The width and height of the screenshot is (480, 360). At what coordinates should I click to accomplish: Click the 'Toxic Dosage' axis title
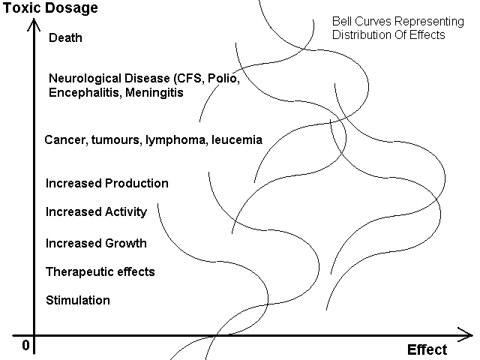point(50,8)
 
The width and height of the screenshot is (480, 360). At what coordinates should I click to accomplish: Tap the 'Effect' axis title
point(427,349)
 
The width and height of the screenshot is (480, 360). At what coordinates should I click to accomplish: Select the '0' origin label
point(26,345)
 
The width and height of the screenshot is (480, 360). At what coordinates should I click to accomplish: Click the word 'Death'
point(65,37)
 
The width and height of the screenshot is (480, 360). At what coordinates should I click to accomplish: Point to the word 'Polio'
point(223,79)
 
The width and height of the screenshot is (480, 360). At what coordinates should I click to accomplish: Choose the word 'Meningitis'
point(154,92)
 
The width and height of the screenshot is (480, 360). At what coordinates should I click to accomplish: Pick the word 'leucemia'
point(237,140)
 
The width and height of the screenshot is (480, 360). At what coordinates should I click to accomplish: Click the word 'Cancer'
point(65,140)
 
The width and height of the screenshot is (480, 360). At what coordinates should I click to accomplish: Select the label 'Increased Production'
point(106,183)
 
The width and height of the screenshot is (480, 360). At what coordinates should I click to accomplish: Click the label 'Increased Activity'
point(96,212)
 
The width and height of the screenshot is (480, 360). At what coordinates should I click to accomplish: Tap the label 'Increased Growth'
point(96,243)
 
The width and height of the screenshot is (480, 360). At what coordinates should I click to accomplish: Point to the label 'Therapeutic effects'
point(100,271)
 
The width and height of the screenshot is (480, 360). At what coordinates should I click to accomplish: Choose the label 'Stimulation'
point(78,300)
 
